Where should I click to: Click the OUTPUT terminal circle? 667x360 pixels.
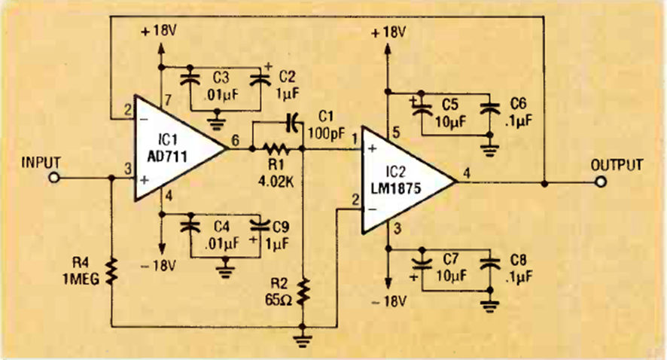pos(600,183)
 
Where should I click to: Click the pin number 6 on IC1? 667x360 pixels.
pos(236,139)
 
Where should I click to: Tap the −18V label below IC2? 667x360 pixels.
pos(388,302)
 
